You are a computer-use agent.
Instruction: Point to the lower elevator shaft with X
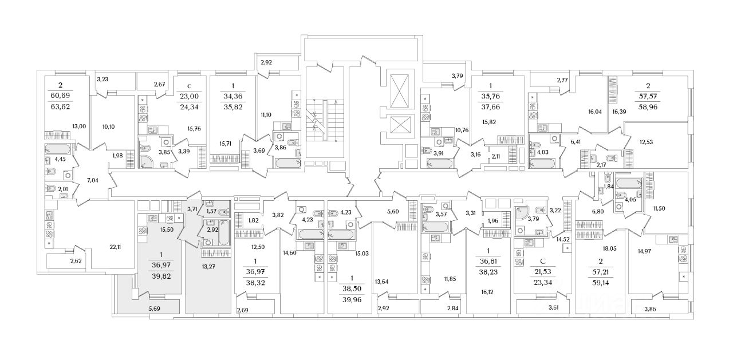(x=399, y=126)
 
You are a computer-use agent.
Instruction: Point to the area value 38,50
(x=353, y=290)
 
